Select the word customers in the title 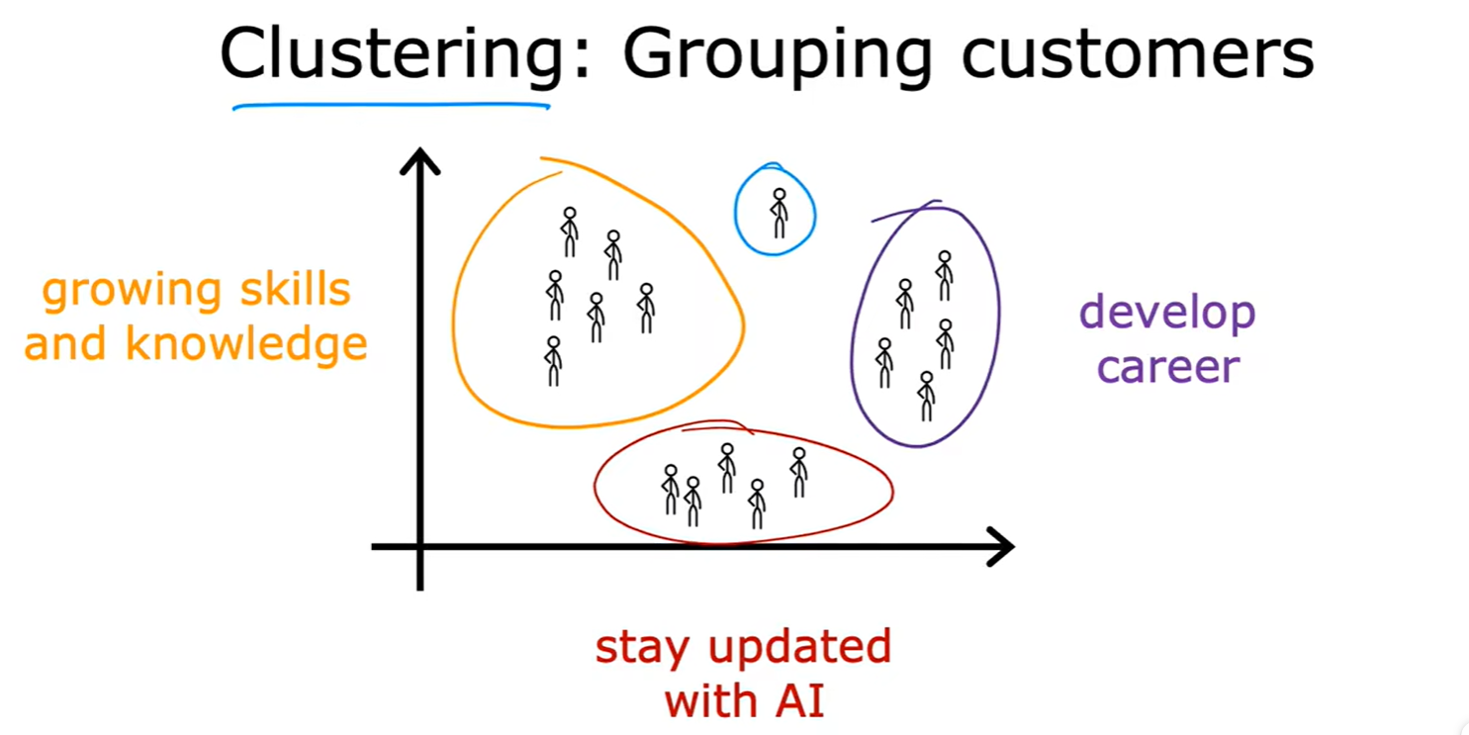tap(1138, 55)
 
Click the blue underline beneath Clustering tap(391, 106)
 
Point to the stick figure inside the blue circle tap(780, 213)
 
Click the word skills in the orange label tap(295, 289)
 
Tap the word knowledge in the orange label tap(246, 344)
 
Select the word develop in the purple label tap(1167, 314)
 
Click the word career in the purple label tap(1168, 368)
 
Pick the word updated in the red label tap(800, 647)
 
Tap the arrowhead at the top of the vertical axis tap(419, 160)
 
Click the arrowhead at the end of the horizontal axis tap(1000, 546)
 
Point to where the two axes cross tap(419, 546)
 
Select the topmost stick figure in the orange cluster tap(569, 232)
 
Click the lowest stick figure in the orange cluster tap(554, 361)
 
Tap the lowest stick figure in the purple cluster tap(926, 396)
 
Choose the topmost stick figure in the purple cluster tap(945, 275)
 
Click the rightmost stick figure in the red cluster tap(798, 473)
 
